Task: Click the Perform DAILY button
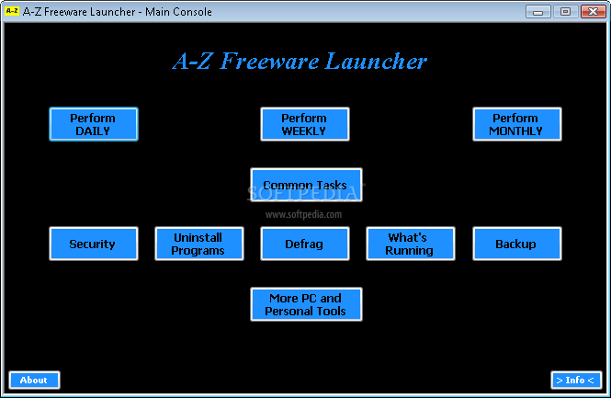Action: click(x=94, y=124)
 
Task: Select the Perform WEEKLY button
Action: click(x=305, y=124)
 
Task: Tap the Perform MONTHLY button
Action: click(x=517, y=124)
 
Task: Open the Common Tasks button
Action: click(x=306, y=185)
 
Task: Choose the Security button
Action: click(x=94, y=244)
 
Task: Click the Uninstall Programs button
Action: click(x=199, y=244)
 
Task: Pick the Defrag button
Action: click(x=305, y=244)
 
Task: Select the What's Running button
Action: click(x=411, y=244)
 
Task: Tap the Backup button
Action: click(x=517, y=244)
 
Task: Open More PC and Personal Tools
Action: click(x=306, y=304)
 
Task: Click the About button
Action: click(x=34, y=380)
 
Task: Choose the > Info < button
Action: click(x=576, y=380)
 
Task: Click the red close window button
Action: click(x=593, y=12)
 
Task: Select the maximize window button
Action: click(x=565, y=12)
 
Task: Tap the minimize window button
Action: click(x=538, y=12)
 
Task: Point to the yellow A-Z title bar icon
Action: click(x=12, y=11)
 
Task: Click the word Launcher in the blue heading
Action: click(x=376, y=62)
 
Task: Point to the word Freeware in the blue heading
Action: click(x=269, y=62)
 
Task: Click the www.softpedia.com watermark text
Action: click(x=303, y=214)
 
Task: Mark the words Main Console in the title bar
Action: click(x=178, y=12)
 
